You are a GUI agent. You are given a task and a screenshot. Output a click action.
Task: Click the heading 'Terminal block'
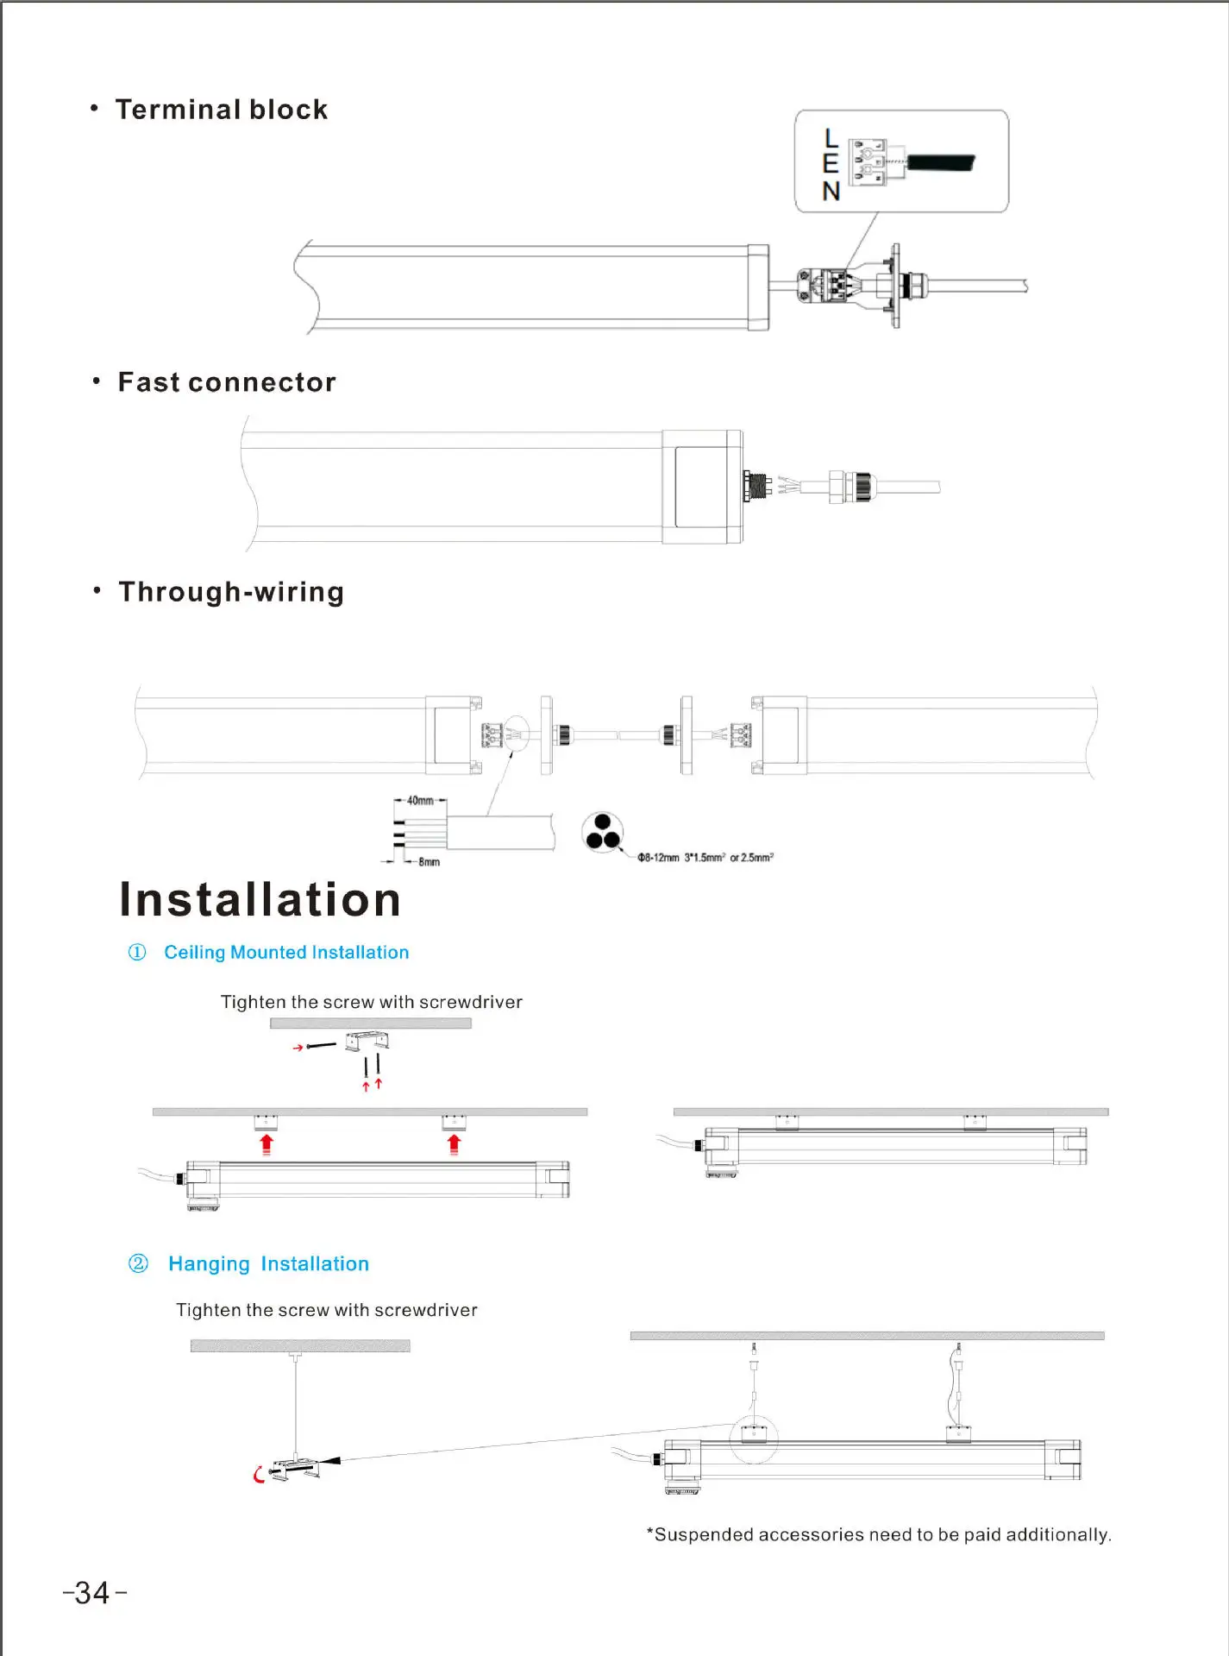222,110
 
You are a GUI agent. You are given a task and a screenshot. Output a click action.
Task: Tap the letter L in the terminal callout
831,138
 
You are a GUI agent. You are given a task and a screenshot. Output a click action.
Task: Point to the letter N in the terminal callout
831,191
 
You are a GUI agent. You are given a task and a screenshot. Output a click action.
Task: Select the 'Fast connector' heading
227,382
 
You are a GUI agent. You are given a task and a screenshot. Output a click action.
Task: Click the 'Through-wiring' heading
231,592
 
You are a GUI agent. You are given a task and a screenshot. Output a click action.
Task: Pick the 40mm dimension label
420,801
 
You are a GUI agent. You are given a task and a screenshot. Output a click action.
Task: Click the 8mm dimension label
429,862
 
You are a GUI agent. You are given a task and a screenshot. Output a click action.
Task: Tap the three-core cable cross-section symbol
603,832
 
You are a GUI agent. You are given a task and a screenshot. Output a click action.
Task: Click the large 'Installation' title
260,899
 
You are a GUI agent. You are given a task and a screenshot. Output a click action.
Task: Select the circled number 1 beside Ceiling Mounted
137,952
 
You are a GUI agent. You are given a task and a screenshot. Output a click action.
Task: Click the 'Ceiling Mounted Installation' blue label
286,952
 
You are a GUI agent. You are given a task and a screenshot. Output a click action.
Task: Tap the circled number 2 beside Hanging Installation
138,1263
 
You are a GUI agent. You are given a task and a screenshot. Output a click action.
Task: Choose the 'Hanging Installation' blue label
268,1263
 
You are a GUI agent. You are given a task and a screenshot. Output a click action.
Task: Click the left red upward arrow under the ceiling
266,1144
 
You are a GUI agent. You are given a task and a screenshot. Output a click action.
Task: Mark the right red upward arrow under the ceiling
455,1144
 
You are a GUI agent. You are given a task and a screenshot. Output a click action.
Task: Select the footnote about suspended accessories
879,1534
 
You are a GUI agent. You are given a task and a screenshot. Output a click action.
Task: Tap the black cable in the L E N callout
940,162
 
